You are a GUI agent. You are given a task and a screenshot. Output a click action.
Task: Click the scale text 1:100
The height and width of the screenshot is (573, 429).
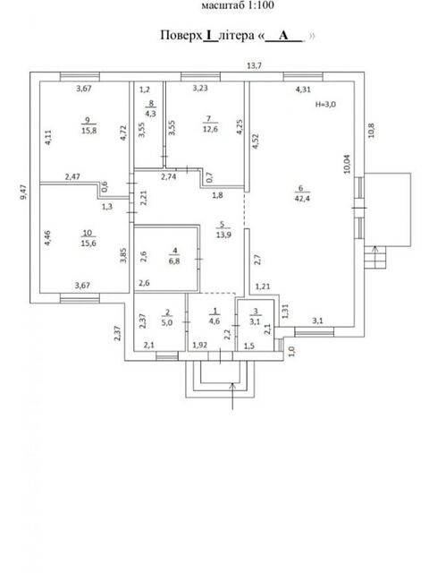(258, 5)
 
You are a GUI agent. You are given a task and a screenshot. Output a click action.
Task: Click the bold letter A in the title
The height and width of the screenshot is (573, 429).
(283, 36)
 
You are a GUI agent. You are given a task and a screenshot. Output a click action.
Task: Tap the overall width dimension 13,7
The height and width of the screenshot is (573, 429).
(254, 65)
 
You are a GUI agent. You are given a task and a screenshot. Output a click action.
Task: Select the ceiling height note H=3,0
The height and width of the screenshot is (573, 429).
(325, 105)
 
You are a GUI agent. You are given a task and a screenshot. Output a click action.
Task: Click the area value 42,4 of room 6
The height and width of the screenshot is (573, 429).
(302, 199)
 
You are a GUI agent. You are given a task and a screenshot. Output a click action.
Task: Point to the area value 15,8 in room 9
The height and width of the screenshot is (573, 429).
(89, 131)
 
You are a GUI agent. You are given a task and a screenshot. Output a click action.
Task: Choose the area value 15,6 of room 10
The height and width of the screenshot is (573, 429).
(88, 244)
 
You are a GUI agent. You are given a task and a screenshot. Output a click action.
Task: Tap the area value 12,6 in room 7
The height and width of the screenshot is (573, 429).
(210, 129)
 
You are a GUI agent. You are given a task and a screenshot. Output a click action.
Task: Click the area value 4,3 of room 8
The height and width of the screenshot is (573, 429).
(150, 114)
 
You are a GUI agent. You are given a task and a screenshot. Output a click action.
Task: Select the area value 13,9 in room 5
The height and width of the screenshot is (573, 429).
(223, 235)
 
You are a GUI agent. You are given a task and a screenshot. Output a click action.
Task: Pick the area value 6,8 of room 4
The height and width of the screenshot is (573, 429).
(174, 261)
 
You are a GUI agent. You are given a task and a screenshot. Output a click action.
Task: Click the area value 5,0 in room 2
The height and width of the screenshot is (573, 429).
(167, 322)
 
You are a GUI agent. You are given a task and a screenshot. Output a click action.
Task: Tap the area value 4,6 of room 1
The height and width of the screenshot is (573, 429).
(214, 321)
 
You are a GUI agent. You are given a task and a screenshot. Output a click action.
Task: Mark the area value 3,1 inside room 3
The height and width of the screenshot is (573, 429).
(256, 322)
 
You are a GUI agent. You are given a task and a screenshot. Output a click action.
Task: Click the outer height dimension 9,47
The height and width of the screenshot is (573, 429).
(24, 192)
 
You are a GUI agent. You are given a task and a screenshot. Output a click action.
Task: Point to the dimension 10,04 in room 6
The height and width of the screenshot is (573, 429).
(347, 164)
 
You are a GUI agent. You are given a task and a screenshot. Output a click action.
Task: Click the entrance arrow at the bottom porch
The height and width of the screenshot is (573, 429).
(232, 396)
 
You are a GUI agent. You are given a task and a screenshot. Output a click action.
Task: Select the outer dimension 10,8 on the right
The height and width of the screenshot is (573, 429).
(372, 131)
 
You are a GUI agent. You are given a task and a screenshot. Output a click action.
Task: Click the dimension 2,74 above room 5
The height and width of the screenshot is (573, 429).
(169, 177)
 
